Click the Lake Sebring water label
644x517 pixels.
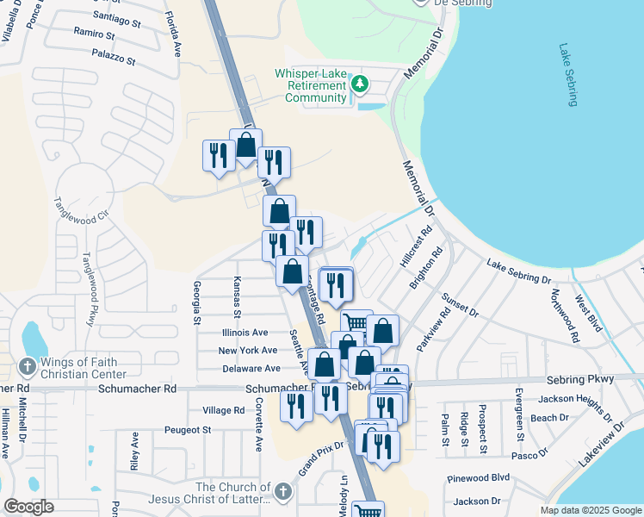[569, 75]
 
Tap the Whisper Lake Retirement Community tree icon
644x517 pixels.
[360, 84]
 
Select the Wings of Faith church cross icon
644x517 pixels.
[27, 365]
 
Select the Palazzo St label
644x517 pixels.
[115, 61]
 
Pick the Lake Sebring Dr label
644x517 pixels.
[518, 271]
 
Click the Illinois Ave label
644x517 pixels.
[245, 332]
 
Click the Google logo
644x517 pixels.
[28, 507]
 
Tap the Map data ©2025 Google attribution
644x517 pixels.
[591, 510]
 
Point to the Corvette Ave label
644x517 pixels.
[258, 430]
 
